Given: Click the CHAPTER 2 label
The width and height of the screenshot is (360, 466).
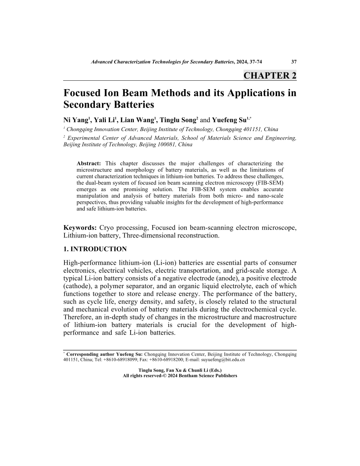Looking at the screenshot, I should pyautogui.click(x=270, y=75).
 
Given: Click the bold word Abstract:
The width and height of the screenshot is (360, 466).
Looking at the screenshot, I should pyautogui.click(x=89, y=163).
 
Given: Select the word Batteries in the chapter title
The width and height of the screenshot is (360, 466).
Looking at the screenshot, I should pyautogui.click(x=128, y=105).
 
